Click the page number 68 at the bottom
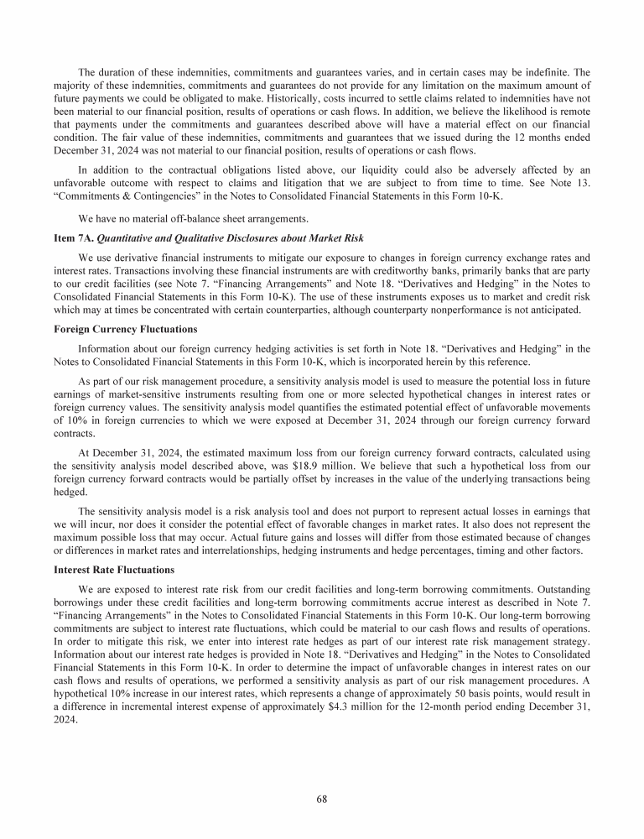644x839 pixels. pos(322,798)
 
